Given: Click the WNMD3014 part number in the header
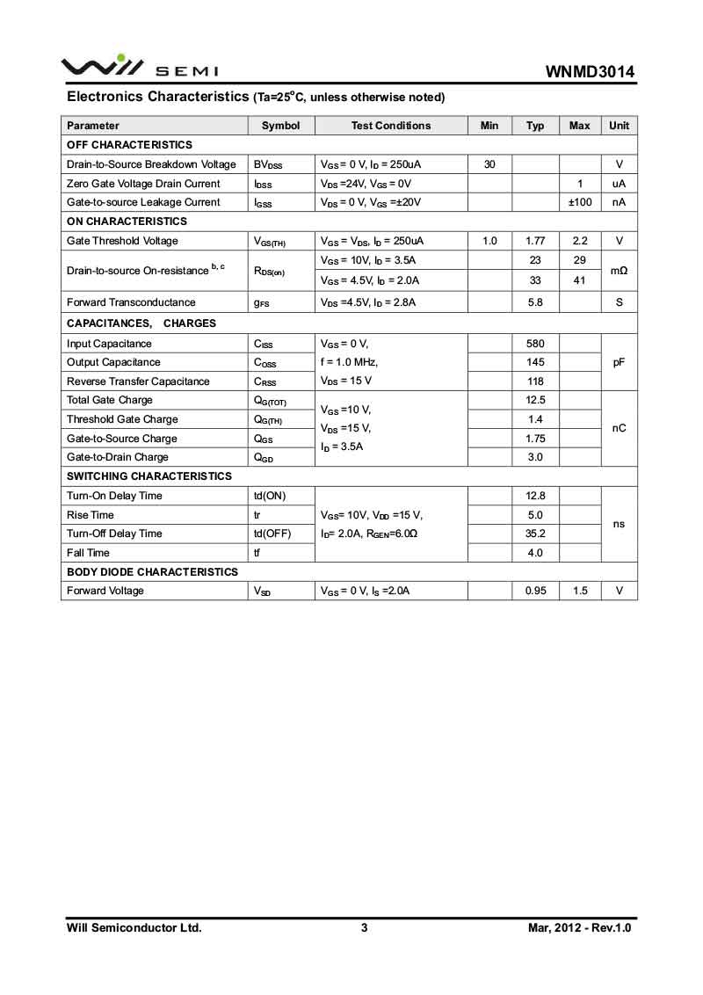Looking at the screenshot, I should pyautogui.click(x=590, y=71).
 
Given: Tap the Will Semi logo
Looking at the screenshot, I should pyautogui.click(x=140, y=66).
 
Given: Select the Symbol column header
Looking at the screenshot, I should pyautogui.click(x=280, y=126).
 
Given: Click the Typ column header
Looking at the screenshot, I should pyautogui.click(x=535, y=126).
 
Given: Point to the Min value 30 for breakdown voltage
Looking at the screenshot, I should pyautogui.click(x=489, y=164).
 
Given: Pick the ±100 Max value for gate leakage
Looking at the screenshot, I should pyautogui.click(x=580, y=202).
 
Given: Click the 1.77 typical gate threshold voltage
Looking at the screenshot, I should pyautogui.click(x=535, y=241).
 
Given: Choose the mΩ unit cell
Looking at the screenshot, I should pyautogui.click(x=619, y=271).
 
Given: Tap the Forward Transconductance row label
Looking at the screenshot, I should pyautogui.click(x=131, y=302).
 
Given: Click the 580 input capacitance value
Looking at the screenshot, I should pyautogui.click(x=535, y=344).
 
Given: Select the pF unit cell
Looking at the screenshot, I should pyautogui.click(x=619, y=362).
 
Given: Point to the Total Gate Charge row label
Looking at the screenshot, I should pyautogui.click(x=110, y=400).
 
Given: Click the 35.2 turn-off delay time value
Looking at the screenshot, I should pyautogui.click(x=535, y=534).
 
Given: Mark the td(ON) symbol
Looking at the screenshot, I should pyautogui.click(x=270, y=496).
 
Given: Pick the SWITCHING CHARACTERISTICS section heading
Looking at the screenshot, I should pyautogui.click(x=149, y=476).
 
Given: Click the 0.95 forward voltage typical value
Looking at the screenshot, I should pyautogui.click(x=535, y=591).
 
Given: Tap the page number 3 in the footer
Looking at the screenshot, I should pyautogui.click(x=364, y=927).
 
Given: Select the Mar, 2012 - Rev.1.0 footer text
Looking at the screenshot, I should pyautogui.click(x=579, y=927).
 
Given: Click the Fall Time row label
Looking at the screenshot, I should pyautogui.click(x=88, y=553).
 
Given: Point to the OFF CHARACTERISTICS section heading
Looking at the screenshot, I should pyautogui.click(x=129, y=145).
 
